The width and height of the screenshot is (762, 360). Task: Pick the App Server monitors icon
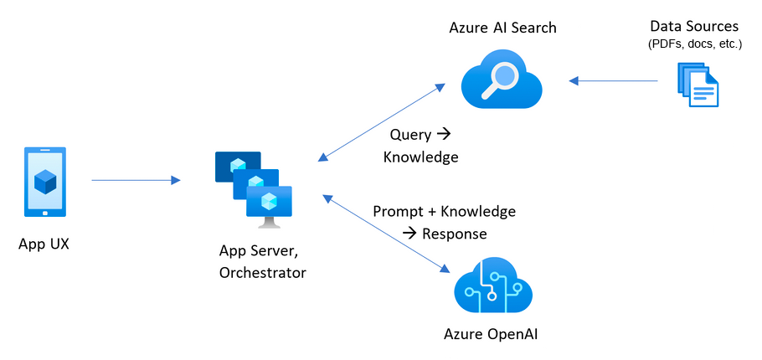[x=255, y=189]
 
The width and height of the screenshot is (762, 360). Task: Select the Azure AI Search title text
[x=502, y=28]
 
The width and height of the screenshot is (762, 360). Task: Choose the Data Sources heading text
[x=694, y=27]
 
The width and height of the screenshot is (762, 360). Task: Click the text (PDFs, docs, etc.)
[x=694, y=44]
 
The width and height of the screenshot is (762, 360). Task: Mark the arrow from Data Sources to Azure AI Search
[x=614, y=81]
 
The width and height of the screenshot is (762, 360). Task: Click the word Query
[x=409, y=135]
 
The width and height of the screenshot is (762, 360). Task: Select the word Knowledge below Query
[x=420, y=157]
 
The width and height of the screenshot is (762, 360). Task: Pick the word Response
[x=455, y=233]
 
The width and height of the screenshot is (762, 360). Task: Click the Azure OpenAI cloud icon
[x=492, y=288]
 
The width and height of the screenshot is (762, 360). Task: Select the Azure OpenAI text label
[x=491, y=335]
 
